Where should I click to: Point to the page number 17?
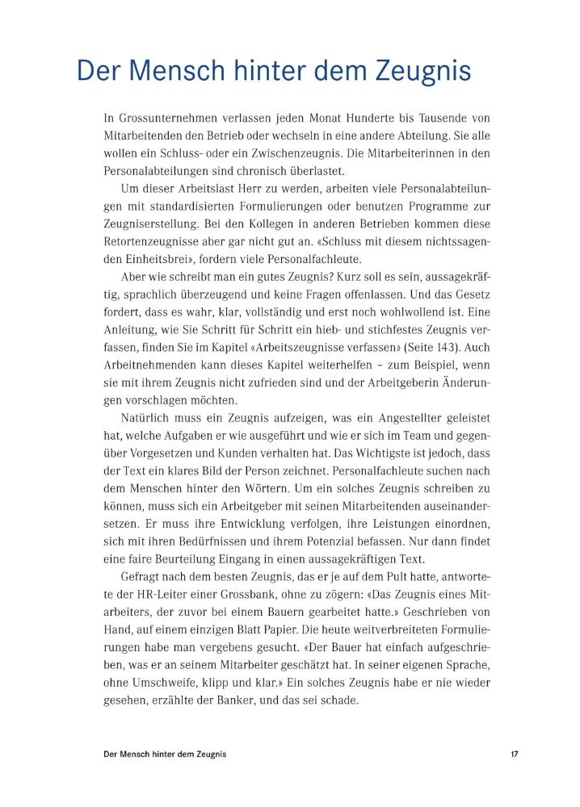(x=515, y=754)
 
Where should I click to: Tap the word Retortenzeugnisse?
(x=147, y=240)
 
